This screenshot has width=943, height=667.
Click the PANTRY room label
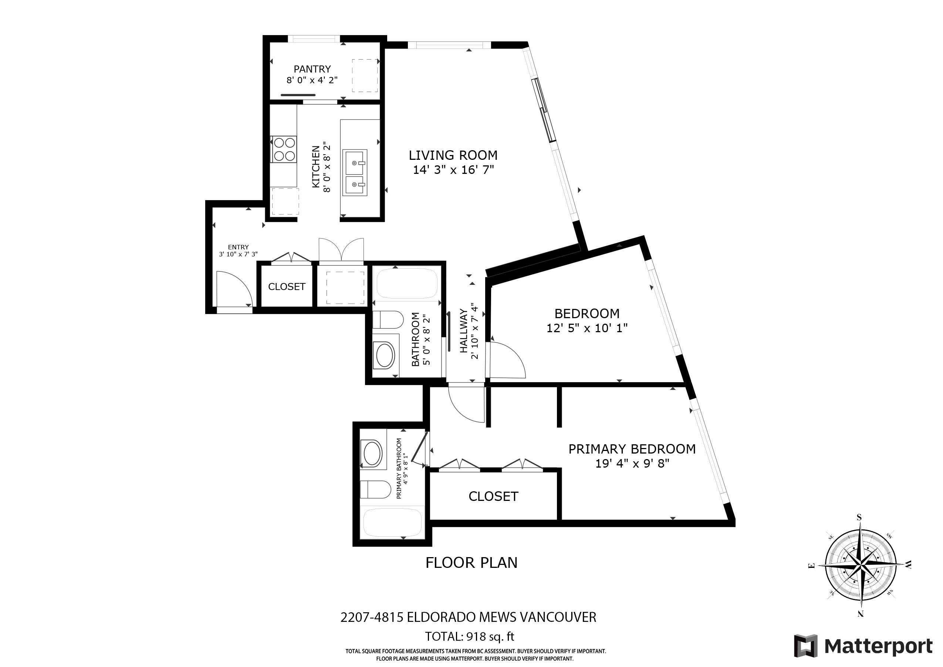[312, 69]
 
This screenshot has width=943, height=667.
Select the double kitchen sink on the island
[354, 172]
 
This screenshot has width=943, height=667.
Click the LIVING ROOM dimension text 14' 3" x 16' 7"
[453, 170]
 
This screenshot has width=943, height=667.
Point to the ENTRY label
[238, 247]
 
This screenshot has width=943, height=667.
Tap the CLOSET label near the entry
[287, 286]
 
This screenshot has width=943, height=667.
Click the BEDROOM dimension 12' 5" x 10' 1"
[587, 328]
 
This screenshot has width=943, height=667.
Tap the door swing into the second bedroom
[507, 361]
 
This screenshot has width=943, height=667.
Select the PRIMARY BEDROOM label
[632, 449]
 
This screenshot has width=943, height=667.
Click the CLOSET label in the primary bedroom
[493, 496]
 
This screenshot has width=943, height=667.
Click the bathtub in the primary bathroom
[392, 523]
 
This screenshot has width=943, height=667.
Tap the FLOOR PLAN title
[471, 562]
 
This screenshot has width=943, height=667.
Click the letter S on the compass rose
[859, 518]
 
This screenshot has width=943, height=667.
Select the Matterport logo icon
[805, 646]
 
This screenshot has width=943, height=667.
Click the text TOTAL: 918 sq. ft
[469, 637]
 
